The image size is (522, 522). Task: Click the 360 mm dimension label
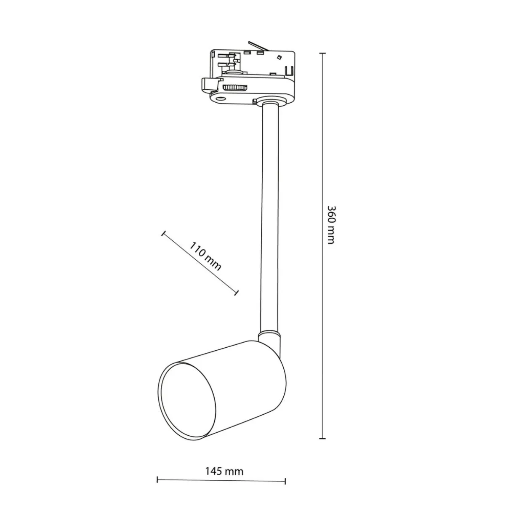pyautogui.click(x=331, y=225)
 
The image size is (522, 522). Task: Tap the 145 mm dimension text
pyautogui.click(x=224, y=471)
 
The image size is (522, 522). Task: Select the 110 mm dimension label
pyautogui.click(x=205, y=256)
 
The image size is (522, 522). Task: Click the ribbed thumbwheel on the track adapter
pyautogui.click(x=235, y=88)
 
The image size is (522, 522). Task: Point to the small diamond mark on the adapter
pyautogui.click(x=279, y=57)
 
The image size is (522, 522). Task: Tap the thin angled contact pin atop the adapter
pyautogui.click(x=259, y=45)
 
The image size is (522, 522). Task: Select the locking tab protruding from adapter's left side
pyautogui.click(x=210, y=84)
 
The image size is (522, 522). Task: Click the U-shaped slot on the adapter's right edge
pyautogui.click(x=290, y=71)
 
